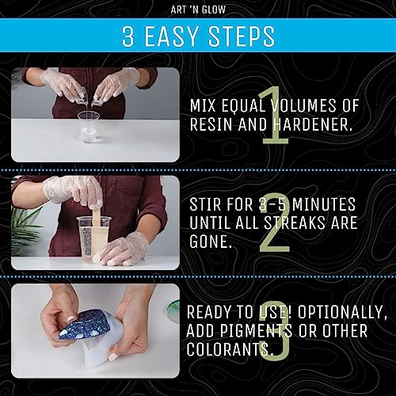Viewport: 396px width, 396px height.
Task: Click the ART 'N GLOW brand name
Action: pyautogui.click(x=197, y=10)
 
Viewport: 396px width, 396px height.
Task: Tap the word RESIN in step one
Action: pyautogui.click(x=211, y=124)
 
